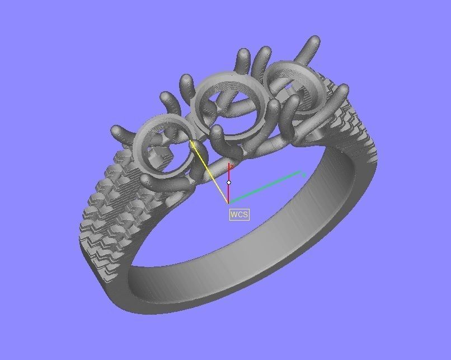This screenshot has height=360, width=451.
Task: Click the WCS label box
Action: click(x=239, y=214)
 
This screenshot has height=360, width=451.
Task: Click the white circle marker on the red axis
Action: click(x=229, y=183)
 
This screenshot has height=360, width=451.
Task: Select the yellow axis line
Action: click(x=210, y=172)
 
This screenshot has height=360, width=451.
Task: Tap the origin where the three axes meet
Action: click(x=228, y=202)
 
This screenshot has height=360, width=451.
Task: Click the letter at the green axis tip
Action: click(x=303, y=175)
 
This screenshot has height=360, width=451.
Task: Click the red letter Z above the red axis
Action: click(x=231, y=166)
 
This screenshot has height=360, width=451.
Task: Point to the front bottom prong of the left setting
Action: click(x=147, y=180)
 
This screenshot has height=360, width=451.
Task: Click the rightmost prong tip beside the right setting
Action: click(x=342, y=89)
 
